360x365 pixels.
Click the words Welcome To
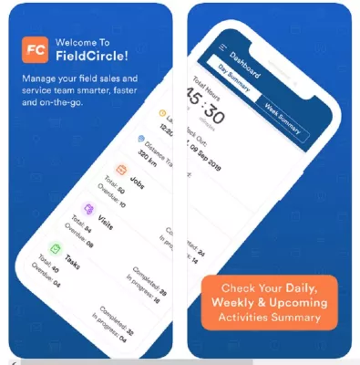[x=82, y=42]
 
